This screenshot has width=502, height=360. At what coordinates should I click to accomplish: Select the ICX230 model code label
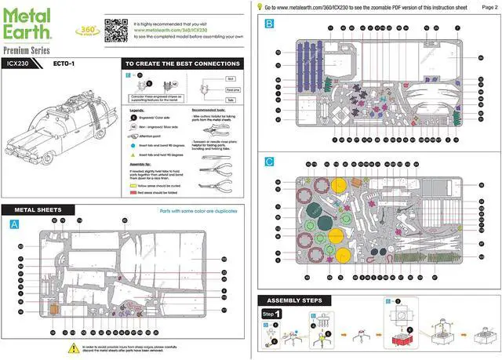pos(19,64)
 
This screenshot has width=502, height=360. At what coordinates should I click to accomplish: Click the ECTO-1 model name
pos(65,64)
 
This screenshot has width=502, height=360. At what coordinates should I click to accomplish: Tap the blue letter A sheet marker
pos(13,224)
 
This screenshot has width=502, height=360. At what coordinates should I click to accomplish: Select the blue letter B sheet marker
pos(269,24)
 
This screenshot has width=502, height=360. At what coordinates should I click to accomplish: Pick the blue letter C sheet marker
pos(269,162)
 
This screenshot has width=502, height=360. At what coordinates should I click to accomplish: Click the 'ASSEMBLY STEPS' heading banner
pos(296,300)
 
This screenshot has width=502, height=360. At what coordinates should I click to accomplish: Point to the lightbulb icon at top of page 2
pos(260,6)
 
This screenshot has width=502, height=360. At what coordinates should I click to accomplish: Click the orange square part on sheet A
pos(54,309)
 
